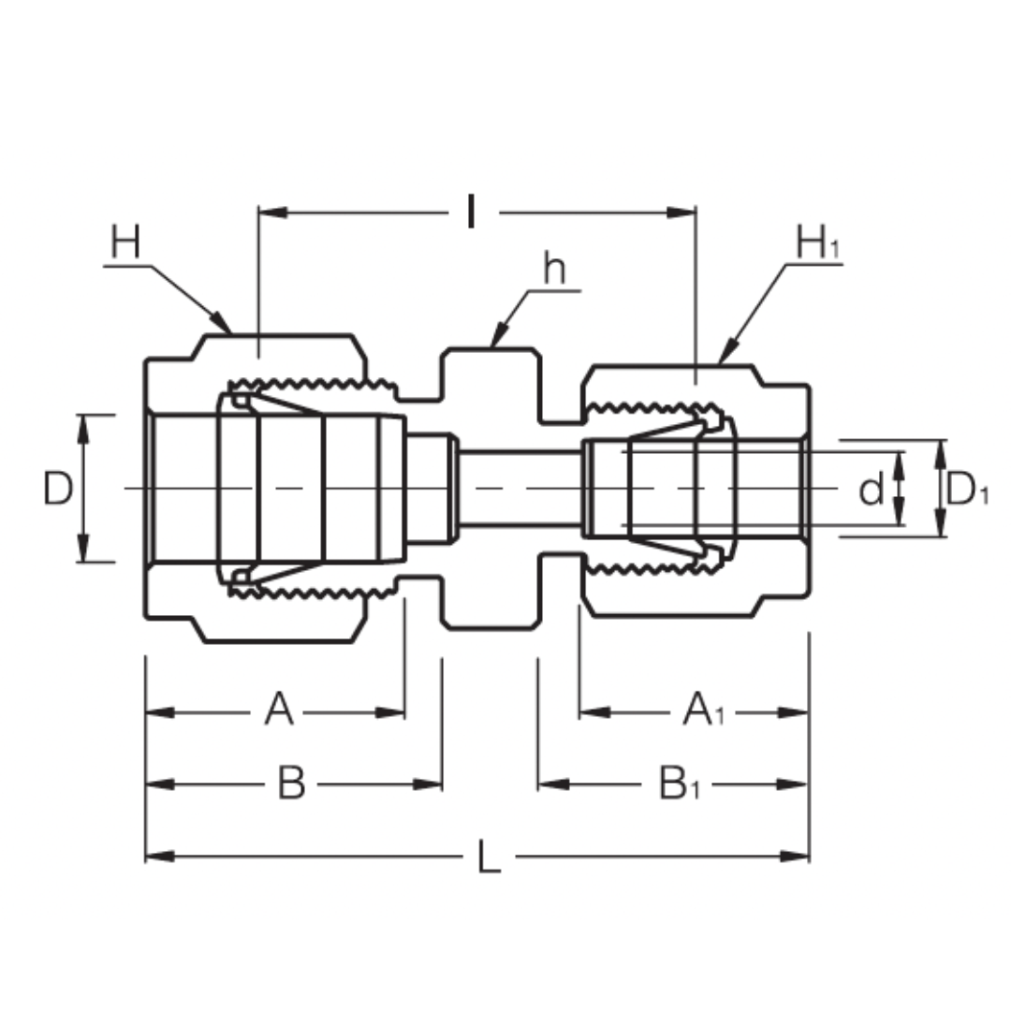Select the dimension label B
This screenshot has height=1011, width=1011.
point(291,784)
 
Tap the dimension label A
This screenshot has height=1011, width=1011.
point(278,711)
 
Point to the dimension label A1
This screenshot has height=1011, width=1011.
point(704,711)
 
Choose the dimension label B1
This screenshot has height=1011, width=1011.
point(681,784)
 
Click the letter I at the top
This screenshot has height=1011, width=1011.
point(472,213)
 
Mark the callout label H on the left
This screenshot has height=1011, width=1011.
point(125,242)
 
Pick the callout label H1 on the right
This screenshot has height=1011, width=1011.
point(816,244)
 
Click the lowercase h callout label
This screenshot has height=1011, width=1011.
point(554,271)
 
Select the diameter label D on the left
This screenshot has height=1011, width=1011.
point(58,489)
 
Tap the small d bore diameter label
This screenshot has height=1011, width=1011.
point(871,489)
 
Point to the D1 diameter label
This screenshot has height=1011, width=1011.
point(966,489)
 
